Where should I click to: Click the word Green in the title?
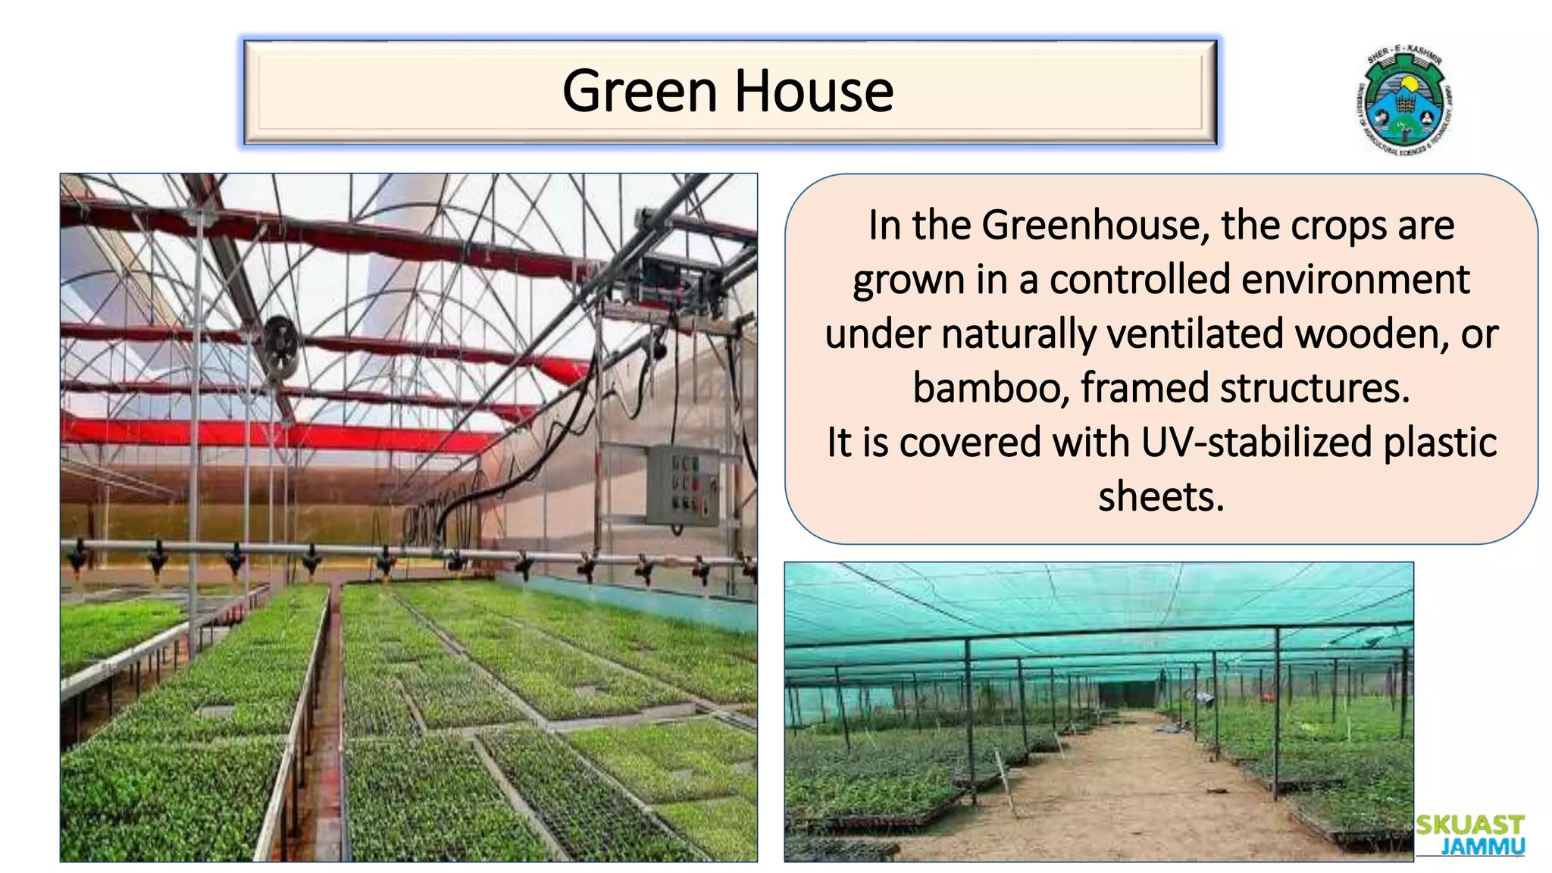tap(640, 91)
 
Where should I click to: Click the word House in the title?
tap(814, 91)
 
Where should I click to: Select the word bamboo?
tap(990, 389)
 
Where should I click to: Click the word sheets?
tap(1161, 497)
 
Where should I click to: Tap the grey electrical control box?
tap(682, 485)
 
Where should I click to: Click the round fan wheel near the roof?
tap(280, 347)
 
